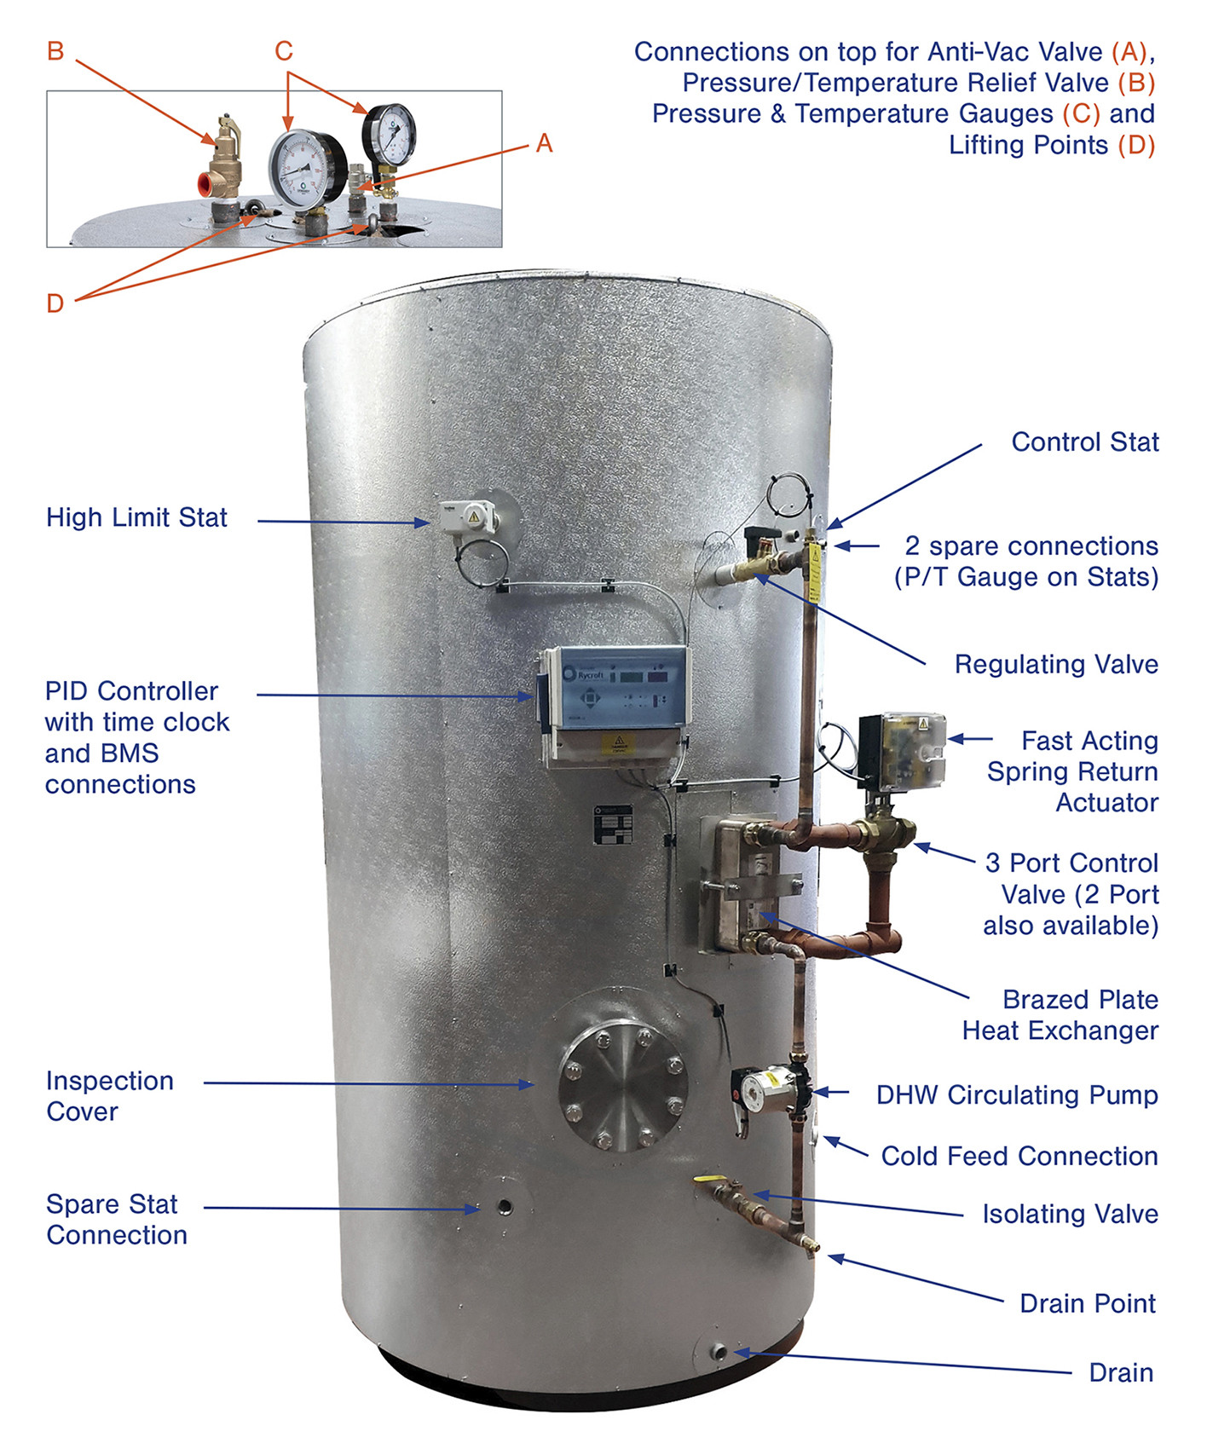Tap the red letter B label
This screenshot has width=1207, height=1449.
tap(55, 51)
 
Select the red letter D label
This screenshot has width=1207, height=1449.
tap(55, 303)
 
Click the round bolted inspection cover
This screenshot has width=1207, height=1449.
tap(622, 1087)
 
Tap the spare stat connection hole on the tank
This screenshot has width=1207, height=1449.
tap(505, 1207)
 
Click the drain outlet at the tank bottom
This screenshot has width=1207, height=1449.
tap(718, 1352)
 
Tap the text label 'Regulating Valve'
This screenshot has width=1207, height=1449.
tap(1055, 664)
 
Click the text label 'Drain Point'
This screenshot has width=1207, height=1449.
tap(1087, 1303)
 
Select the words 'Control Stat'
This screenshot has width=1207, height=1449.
tap(1084, 442)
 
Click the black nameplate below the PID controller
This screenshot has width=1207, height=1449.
tap(613, 824)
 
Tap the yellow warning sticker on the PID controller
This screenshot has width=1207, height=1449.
tap(618, 744)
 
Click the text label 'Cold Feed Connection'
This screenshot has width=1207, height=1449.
tap(1019, 1156)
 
